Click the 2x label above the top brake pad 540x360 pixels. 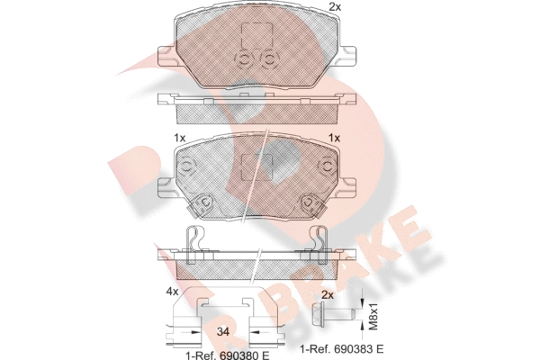pyautogui.click(x=335, y=7)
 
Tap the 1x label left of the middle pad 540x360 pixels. pyautogui.click(x=179, y=138)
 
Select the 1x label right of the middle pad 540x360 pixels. pyautogui.click(x=334, y=138)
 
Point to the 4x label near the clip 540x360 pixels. pyautogui.click(x=172, y=292)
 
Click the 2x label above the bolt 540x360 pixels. pyautogui.click(x=328, y=295)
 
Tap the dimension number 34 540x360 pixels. pyautogui.click(x=223, y=332)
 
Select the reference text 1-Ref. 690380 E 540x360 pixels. pyautogui.click(x=228, y=355)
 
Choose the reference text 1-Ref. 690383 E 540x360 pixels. pyautogui.click(x=341, y=349)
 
